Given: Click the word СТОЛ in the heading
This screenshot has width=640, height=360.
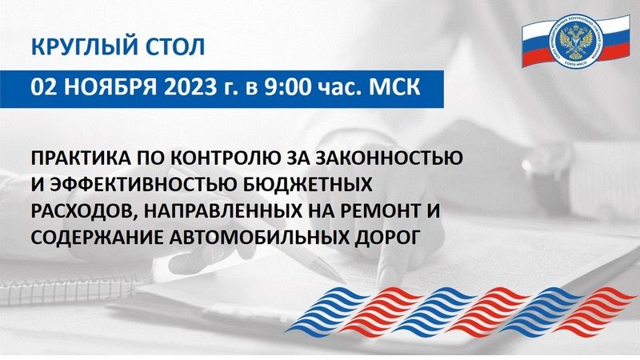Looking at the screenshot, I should (170, 46).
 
